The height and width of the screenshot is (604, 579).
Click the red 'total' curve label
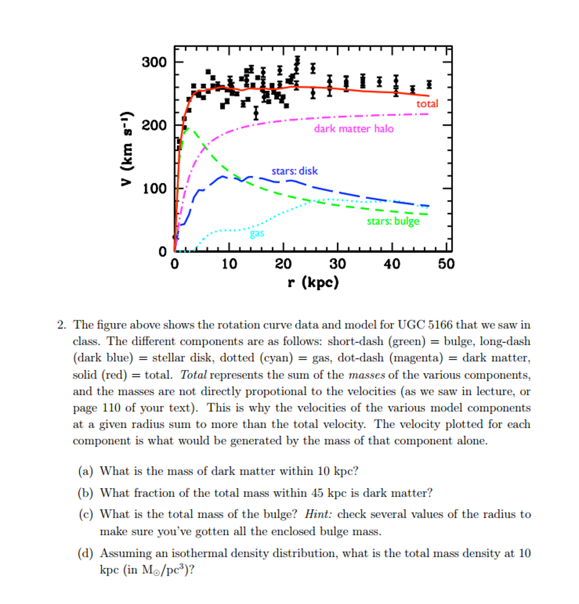[427, 104]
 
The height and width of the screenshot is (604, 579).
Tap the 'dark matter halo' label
[354, 128]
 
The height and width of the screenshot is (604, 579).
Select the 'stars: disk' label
[294, 171]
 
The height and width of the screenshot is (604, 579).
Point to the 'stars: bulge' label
[393, 221]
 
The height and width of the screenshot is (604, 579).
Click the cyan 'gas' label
[257, 233]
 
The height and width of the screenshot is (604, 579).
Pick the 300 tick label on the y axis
[154, 62]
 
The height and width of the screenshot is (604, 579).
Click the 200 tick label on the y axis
[154, 125]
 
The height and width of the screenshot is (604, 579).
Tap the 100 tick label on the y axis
[154, 189]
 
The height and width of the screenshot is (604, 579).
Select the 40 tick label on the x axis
[392, 265]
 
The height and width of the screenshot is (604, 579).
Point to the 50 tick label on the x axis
[446, 265]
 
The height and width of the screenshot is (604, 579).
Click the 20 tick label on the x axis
[283, 265]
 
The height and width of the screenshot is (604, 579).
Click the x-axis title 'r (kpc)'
[313, 283]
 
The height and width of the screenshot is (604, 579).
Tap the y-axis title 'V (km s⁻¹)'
[127, 149]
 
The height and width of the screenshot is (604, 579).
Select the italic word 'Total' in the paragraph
[193, 375]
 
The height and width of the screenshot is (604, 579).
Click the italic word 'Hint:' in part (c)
[318, 514]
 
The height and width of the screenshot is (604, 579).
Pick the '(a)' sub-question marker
[85, 471]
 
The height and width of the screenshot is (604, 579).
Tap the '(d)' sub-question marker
[85, 553]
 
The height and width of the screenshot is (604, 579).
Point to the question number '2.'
[61, 325]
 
